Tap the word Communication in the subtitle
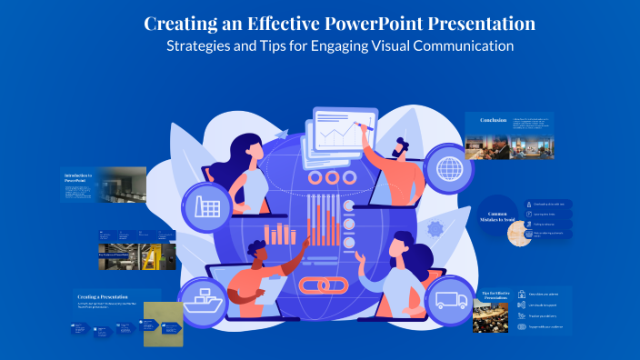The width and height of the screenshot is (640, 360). (x=462, y=45)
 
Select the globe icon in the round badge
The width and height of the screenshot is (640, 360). (x=448, y=169)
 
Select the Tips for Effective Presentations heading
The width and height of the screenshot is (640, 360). (x=495, y=294)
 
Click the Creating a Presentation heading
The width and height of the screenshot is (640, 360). (x=102, y=296)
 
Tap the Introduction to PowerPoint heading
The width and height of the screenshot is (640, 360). (x=78, y=176)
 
